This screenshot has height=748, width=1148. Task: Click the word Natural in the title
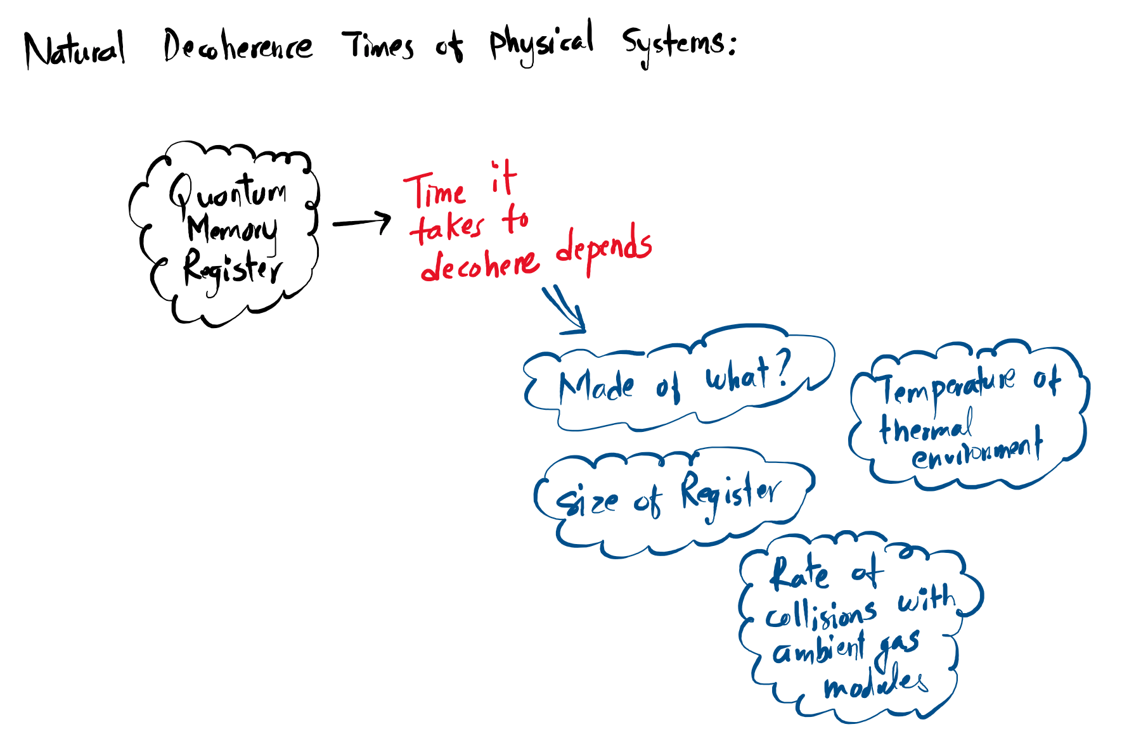[x=75, y=49]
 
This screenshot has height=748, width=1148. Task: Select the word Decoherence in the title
[x=238, y=46]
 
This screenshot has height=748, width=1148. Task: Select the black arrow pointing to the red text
[x=362, y=222]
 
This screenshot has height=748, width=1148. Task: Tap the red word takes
[x=448, y=227]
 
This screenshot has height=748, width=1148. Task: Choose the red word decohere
[x=480, y=265]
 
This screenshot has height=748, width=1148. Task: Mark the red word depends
[x=603, y=248]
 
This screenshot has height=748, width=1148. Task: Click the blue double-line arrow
[x=564, y=310]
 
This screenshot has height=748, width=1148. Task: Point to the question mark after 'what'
[x=783, y=369]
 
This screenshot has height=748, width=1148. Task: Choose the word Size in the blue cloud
[x=586, y=502]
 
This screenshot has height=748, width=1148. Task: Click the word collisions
[x=821, y=614]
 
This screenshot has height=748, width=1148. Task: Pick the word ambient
[x=818, y=650]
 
